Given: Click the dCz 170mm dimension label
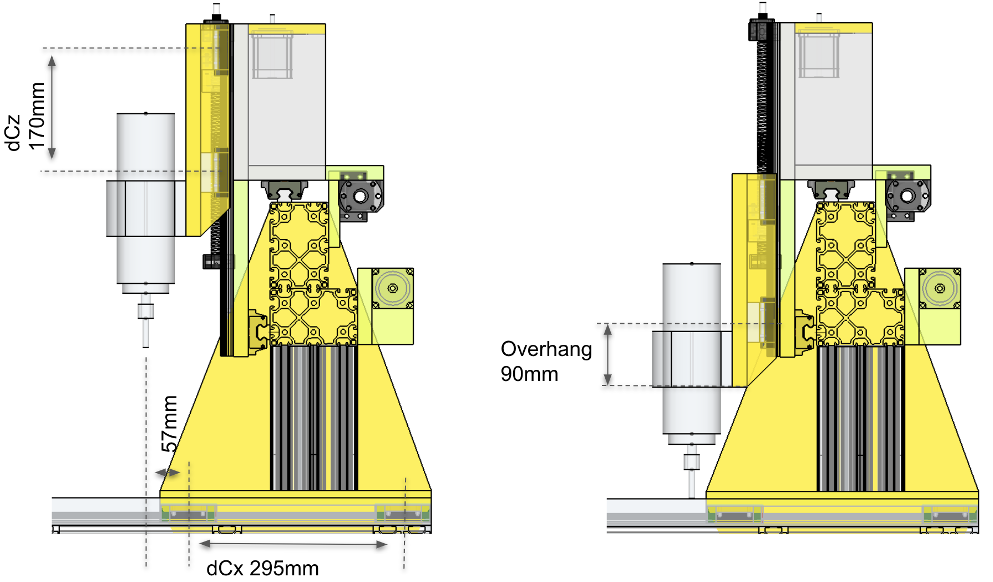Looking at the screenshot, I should (25, 117).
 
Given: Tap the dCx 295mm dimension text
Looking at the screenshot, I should (262, 568).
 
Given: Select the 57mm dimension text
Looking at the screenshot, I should (170, 424).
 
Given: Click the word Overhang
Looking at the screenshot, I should (546, 349).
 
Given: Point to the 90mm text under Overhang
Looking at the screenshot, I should (529, 374).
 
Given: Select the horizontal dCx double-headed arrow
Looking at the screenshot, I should (293, 544).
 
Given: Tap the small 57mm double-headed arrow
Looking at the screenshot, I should (168, 473).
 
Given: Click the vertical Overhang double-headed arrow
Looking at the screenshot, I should (608, 355).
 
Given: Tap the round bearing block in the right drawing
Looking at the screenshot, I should (907, 196).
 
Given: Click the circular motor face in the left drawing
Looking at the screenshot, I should (393, 288).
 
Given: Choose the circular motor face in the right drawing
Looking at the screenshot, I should (940, 288).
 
